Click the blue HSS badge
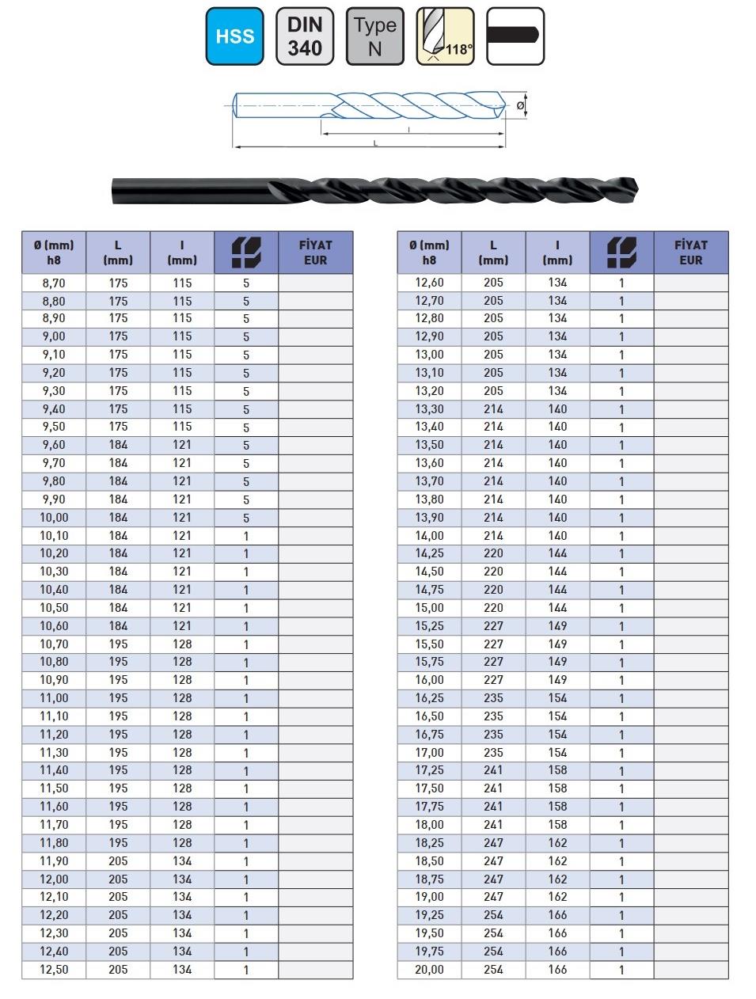click(x=234, y=36)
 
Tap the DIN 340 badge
click(x=305, y=36)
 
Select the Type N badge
click(x=374, y=36)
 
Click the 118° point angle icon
click(x=445, y=36)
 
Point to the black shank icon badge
click(x=515, y=36)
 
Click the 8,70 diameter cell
click(x=54, y=283)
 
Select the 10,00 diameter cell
click(x=54, y=518)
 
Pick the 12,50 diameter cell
click(x=54, y=970)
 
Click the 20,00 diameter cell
click(x=429, y=970)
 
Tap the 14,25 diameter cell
click(x=429, y=553)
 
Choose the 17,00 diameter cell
click(x=429, y=753)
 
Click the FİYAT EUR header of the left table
click(x=315, y=253)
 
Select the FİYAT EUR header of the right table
click(x=690, y=253)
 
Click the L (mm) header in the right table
click(x=493, y=253)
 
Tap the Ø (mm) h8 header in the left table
click(x=54, y=253)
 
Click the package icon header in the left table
click(x=246, y=253)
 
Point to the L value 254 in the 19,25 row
click(x=493, y=915)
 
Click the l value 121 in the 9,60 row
click(x=182, y=445)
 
